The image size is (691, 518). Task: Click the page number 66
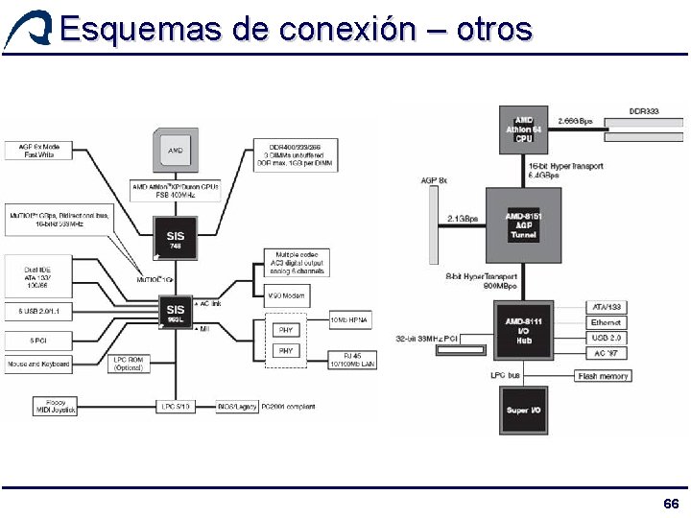coord(671,505)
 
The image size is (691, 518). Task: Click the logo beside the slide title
coord(27,29)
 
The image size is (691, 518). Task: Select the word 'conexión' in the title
coord(348,29)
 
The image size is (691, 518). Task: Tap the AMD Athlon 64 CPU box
coord(523,129)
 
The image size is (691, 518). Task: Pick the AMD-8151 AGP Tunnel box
coord(523,225)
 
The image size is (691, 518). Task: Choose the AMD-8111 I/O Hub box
coord(523,332)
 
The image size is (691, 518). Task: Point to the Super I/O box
coord(523,410)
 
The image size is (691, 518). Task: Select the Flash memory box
coord(604,376)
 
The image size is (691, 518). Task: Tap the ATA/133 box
coord(606,307)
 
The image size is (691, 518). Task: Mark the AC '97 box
coord(606,352)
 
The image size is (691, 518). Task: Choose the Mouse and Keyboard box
coord(38,365)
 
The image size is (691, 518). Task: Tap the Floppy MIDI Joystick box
coord(54,407)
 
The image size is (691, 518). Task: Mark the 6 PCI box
coord(38,339)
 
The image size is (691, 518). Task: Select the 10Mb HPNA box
coord(349,318)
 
